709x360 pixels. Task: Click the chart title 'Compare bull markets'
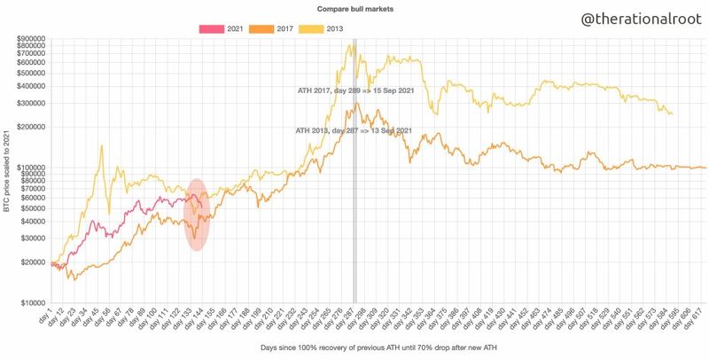(x=354, y=8)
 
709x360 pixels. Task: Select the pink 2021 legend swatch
(x=211, y=29)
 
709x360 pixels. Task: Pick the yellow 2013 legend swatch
(x=310, y=29)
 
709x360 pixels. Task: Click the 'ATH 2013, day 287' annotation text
(x=353, y=130)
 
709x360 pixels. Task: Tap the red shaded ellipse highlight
(x=199, y=215)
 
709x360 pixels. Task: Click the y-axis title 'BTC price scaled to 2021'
(x=7, y=170)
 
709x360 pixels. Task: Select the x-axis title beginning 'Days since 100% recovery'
(x=354, y=347)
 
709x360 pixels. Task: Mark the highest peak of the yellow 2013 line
(x=352, y=44)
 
